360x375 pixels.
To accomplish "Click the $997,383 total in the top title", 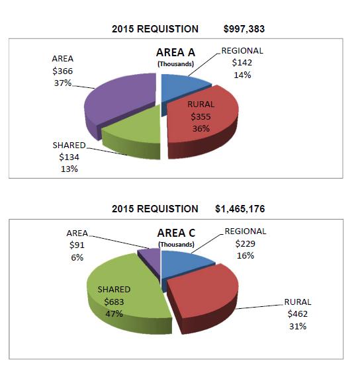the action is pos(244,29).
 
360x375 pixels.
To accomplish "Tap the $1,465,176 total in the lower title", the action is pos(240,209).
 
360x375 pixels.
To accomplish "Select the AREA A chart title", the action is pos(175,53).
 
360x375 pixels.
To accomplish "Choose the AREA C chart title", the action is pos(176,233).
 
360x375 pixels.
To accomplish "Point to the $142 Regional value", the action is pos(242,63).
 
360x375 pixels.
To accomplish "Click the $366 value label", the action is pos(63,71).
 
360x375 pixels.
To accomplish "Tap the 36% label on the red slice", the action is pos(201,129).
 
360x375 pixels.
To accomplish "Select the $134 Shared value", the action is pos(69,157).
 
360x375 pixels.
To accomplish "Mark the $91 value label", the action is pos(77,245).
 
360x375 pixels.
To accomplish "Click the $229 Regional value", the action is pos(246,243).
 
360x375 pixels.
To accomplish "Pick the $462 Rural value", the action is pos(298,313).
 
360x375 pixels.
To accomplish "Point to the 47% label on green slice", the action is pos(114,313).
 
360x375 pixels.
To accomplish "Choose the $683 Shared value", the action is pos(114,302).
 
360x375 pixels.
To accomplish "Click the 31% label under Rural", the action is pos(298,327).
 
